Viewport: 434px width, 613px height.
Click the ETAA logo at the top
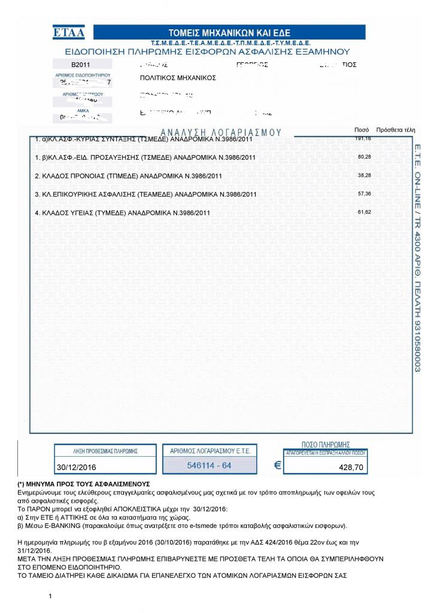coord(69,32)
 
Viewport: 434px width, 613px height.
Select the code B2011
coord(81,64)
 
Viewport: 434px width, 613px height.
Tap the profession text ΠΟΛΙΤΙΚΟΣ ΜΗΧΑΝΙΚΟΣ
coord(178,78)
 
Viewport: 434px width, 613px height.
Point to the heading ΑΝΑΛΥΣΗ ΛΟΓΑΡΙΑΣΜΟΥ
coord(221,132)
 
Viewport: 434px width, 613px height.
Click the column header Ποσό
coord(362,130)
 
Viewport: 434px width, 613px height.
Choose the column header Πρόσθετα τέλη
coord(395,130)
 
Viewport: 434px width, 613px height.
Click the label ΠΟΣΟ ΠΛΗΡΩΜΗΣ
coord(326,445)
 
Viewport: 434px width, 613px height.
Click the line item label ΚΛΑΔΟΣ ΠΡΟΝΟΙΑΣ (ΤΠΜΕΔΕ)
coord(129,176)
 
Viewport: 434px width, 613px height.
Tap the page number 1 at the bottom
coord(51,596)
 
